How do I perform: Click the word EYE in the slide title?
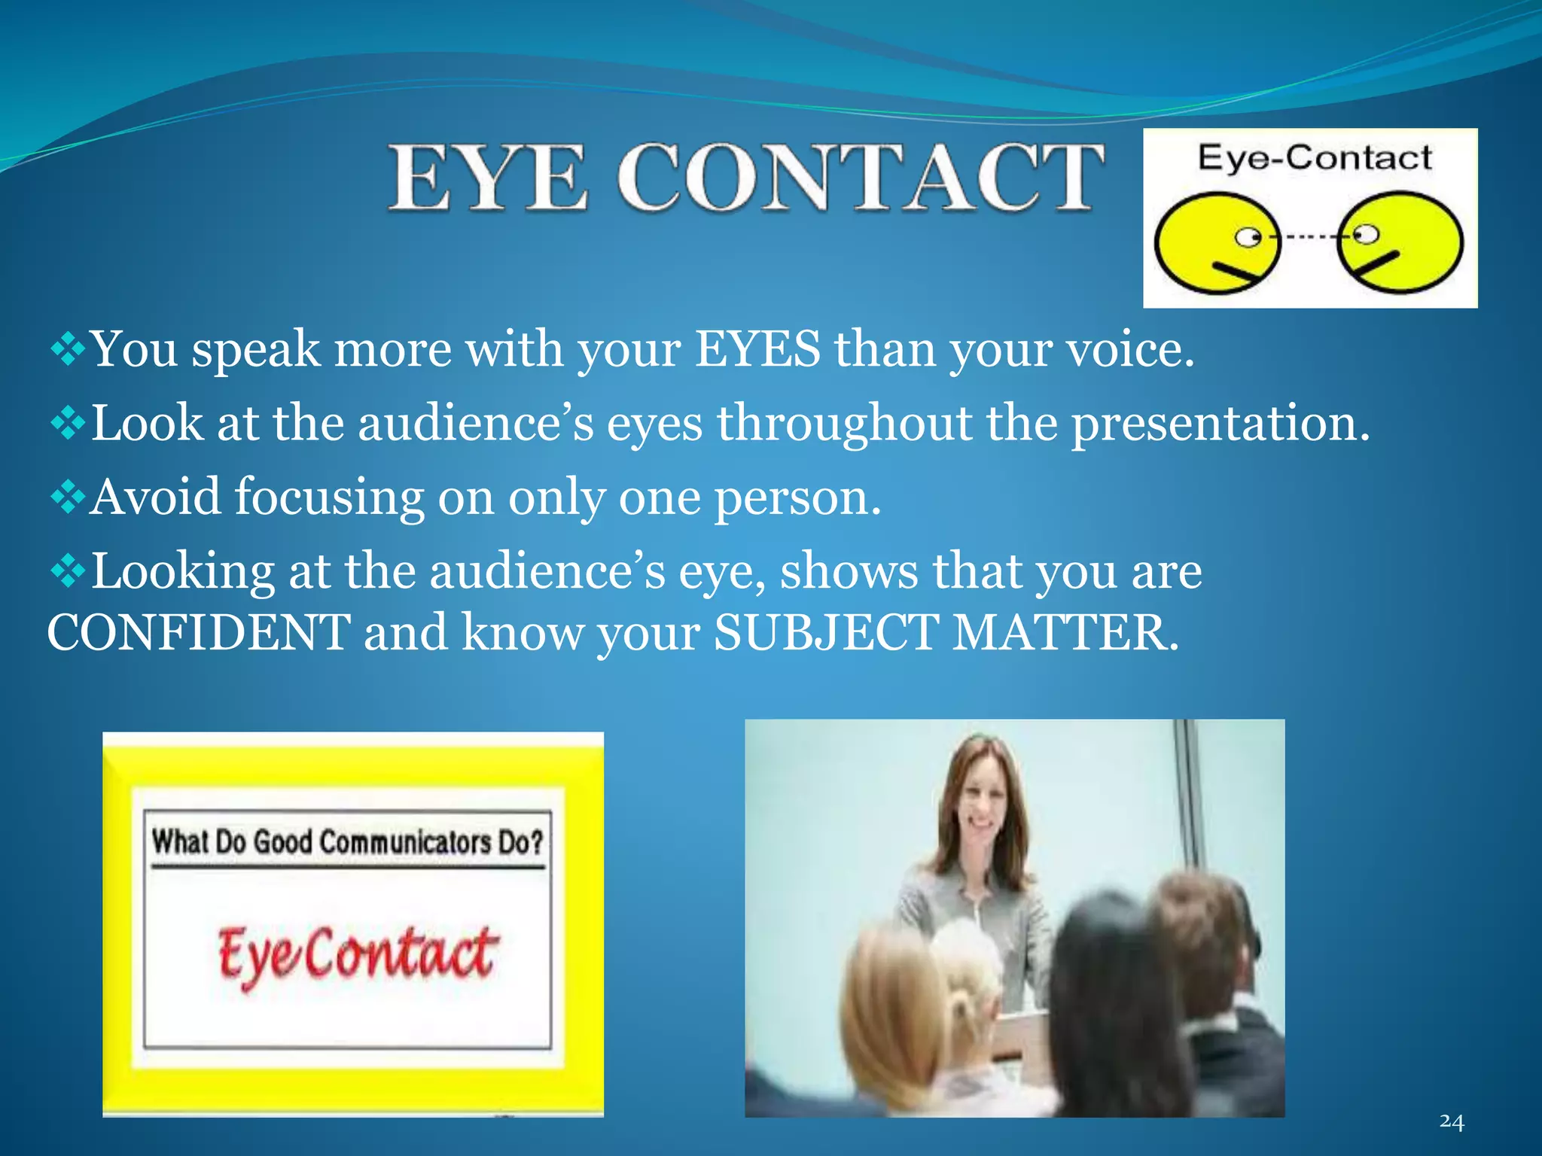487,178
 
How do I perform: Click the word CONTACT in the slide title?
861,178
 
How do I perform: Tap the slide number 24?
1452,1121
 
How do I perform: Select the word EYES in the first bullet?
757,349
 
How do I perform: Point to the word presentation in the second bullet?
1220,423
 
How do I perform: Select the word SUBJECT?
826,632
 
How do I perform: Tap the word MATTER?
1065,632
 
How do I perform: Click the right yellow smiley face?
1400,242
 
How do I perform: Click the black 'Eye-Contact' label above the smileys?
1314,158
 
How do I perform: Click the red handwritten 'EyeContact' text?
357,954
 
